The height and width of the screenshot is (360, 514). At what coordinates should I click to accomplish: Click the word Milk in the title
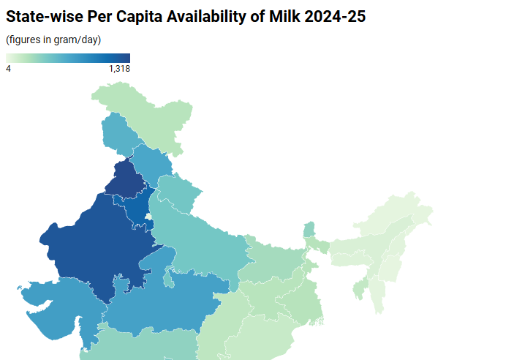point(286,16)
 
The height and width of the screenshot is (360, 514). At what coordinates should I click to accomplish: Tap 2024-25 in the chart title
point(341,16)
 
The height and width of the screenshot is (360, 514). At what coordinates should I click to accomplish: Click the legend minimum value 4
point(8,69)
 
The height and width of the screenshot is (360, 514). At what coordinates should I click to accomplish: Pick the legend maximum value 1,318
point(119,69)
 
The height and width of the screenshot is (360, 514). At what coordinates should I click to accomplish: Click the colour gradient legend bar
point(68,58)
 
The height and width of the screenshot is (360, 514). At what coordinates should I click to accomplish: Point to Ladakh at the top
point(157,117)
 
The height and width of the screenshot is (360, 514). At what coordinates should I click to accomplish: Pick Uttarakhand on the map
point(179,194)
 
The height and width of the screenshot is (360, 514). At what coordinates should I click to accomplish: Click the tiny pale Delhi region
point(148,217)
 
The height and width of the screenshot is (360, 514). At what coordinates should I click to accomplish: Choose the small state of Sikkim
point(309,229)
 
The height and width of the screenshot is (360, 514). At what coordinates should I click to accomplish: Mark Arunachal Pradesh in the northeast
point(395,212)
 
